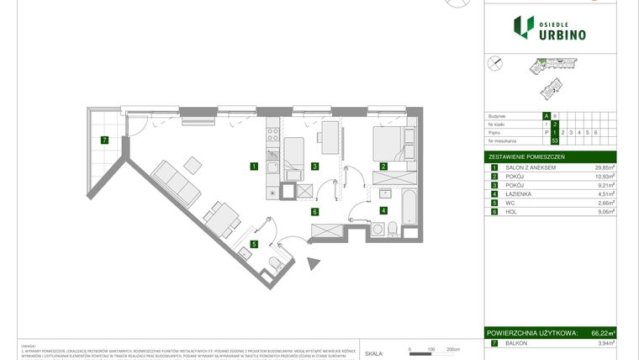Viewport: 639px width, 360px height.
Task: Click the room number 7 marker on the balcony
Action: pyautogui.click(x=103, y=140)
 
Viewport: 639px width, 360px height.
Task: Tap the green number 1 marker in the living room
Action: pyautogui.click(x=253, y=167)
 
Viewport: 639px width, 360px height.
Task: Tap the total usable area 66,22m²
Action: pyautogui.click(x=603, y=334)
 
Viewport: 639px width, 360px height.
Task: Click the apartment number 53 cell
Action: pyautogui.click(x=547, y=140)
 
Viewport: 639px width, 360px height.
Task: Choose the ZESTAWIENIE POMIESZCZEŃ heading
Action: pyautogui.click(x=526, y=157)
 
